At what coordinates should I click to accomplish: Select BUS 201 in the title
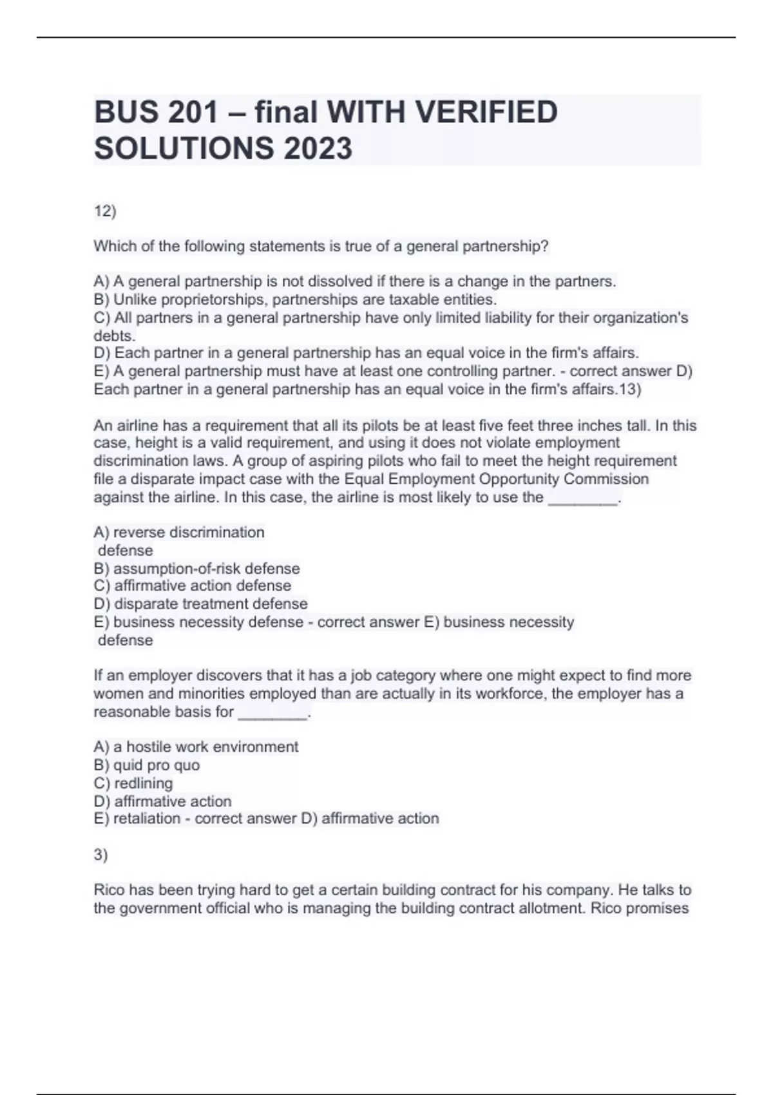click(156, 112)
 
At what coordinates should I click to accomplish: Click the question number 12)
click(105, 211)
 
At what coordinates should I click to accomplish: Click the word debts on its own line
click(114, 336)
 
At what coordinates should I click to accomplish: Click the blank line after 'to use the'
click(582, 498)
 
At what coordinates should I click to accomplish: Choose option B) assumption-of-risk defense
click(196, 569)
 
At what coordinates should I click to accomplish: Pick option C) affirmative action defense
click(192, 586)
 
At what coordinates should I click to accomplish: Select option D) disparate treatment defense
click(200, 604)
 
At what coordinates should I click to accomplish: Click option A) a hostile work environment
click(196, 747)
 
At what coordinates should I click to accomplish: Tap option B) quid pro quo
click(146, 765)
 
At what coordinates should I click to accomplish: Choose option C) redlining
click(133, 783)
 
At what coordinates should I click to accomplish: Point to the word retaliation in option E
click(147, 819)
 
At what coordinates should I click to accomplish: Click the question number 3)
click(100, 855)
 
